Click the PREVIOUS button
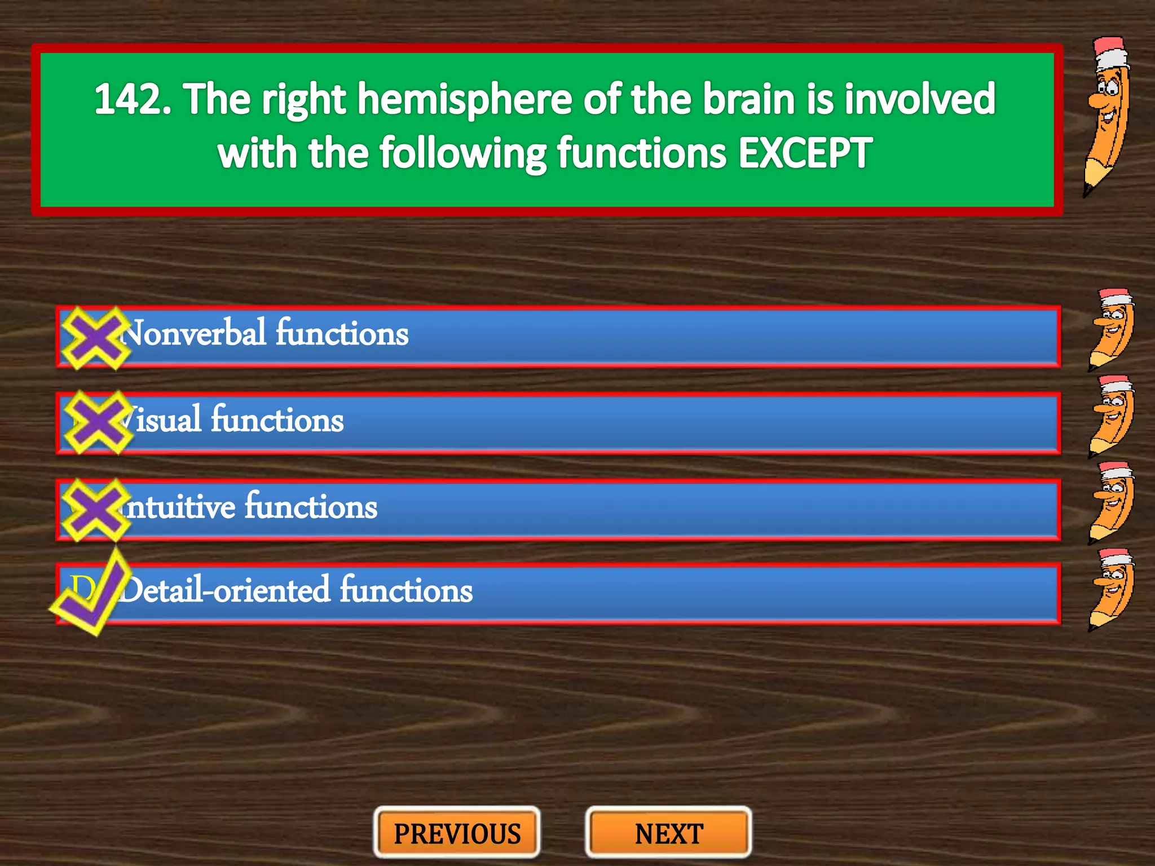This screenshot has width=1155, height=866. [457, 833]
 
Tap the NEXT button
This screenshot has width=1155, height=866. [669, 833]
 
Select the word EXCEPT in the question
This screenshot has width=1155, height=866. [805, 153]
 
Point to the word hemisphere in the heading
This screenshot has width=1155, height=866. [465, 99]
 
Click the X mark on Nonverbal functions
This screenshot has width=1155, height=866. [95, 338]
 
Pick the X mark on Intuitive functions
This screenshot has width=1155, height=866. [95, 509]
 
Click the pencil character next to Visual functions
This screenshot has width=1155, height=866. [1111, 417]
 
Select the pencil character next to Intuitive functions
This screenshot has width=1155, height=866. [1111, 503]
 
